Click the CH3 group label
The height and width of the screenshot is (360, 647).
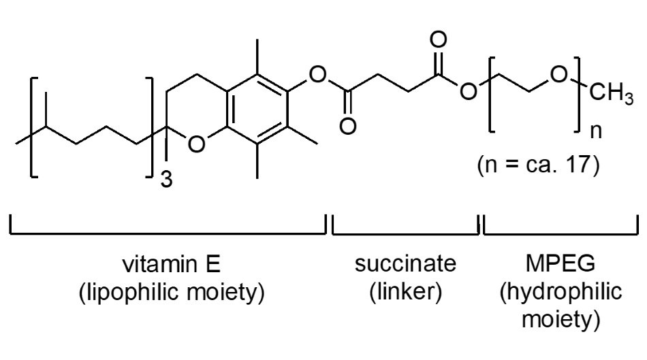click(611, 94)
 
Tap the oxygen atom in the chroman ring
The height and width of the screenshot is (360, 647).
click(196, 144)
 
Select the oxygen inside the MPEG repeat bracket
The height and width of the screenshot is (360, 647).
click(558, 75)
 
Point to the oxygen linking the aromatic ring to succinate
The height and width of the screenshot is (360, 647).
click(317, 75)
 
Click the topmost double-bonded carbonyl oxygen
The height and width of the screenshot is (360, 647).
click(438, 39)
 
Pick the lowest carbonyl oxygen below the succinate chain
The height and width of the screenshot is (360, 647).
click(348, 126)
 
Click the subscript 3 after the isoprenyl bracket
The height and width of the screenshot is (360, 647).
click(166, 180)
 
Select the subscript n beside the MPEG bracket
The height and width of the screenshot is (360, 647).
click(596, 131)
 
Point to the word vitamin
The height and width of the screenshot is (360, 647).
click(157, 264)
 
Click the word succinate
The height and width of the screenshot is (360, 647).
click(405, 264)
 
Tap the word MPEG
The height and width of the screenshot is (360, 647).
click(561, 263)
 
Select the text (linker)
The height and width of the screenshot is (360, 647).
click(406, 292)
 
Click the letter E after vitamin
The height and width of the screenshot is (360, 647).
click(213, 264)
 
